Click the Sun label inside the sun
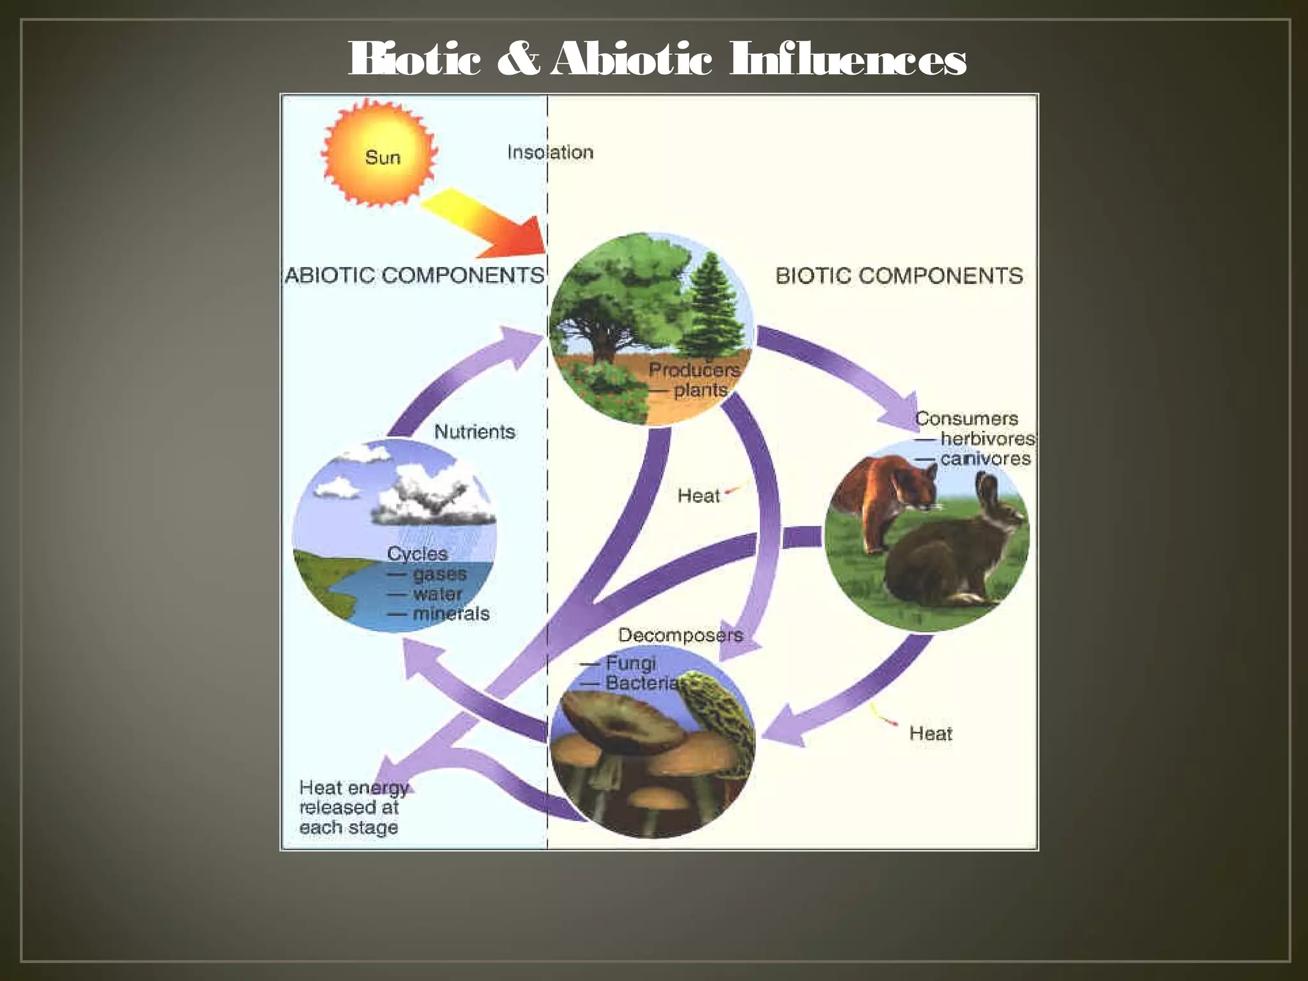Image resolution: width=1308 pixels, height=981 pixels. (383, 157)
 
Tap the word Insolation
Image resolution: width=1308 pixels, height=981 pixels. (550, 153)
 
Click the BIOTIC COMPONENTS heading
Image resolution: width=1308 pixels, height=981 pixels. (899, 276)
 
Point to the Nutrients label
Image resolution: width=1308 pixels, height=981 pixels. (475, 432)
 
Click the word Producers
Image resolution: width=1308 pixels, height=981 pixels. (694, 370)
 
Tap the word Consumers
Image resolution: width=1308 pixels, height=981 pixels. (966, 419)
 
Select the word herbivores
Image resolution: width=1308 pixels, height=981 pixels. (987, 439)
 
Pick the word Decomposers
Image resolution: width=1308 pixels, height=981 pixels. (681, 635)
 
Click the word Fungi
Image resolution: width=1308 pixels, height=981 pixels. (631, 663)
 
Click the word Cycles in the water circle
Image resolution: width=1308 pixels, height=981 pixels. (417, 554)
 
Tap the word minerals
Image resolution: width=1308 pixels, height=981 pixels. (451, 614)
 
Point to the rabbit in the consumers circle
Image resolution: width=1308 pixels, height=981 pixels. (945, 556)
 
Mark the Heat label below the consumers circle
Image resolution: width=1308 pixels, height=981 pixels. (931, 733)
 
